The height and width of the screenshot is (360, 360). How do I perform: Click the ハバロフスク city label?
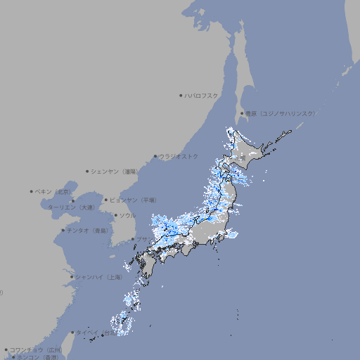tap(202, 95)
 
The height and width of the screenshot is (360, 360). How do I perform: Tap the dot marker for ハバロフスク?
tap(181, 95)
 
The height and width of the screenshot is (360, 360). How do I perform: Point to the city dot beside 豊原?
tap(242, 113)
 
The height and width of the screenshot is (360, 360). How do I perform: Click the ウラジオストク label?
tap(179, 156)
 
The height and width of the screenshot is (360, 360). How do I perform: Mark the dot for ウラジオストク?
tap(155, 156)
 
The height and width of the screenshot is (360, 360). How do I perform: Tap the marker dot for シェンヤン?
tap(88, 171)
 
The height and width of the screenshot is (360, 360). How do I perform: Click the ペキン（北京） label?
tap(54, 191)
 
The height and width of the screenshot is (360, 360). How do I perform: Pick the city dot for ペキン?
tap(32, 191)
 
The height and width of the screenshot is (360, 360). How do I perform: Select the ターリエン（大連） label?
tap(70, 207)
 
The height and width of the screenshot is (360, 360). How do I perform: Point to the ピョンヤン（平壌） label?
tap(133, 200)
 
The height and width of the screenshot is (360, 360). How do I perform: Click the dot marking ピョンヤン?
tap(106, 200)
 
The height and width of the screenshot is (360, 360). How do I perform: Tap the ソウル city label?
tap(127, 215)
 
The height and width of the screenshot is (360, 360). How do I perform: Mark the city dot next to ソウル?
tap(115, 215)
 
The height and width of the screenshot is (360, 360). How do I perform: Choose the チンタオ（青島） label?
tap(88, 230)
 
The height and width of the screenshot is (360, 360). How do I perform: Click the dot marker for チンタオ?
tap(63, 230)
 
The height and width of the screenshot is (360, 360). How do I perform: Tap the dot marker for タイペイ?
tap(72, 332)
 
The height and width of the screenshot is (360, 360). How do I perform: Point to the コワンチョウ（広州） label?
tap(36, 349)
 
